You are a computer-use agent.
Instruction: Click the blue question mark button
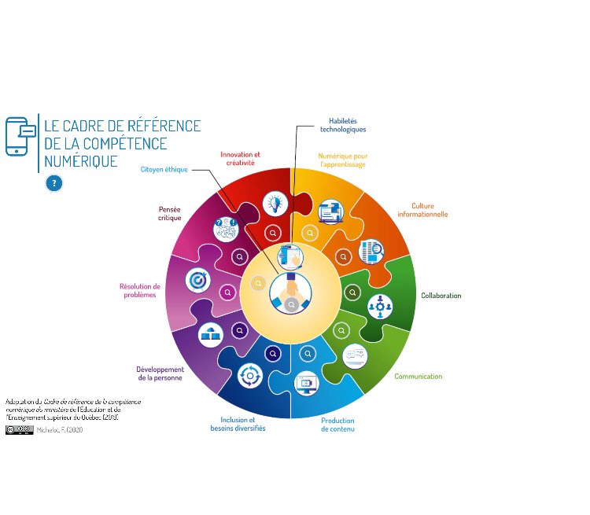53,183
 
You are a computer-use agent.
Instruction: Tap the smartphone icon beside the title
20,136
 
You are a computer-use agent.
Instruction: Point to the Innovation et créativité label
240,158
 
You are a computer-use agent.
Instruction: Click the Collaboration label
441,296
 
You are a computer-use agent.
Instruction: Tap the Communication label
418,377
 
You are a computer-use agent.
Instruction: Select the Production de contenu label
337,425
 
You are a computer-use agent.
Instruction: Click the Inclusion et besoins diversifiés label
238,425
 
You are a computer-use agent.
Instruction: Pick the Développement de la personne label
160,373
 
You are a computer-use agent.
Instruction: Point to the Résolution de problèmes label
140,290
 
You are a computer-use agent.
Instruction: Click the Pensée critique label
169,214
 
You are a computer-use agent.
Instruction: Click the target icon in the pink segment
197,279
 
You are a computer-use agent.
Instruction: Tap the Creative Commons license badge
20,429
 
